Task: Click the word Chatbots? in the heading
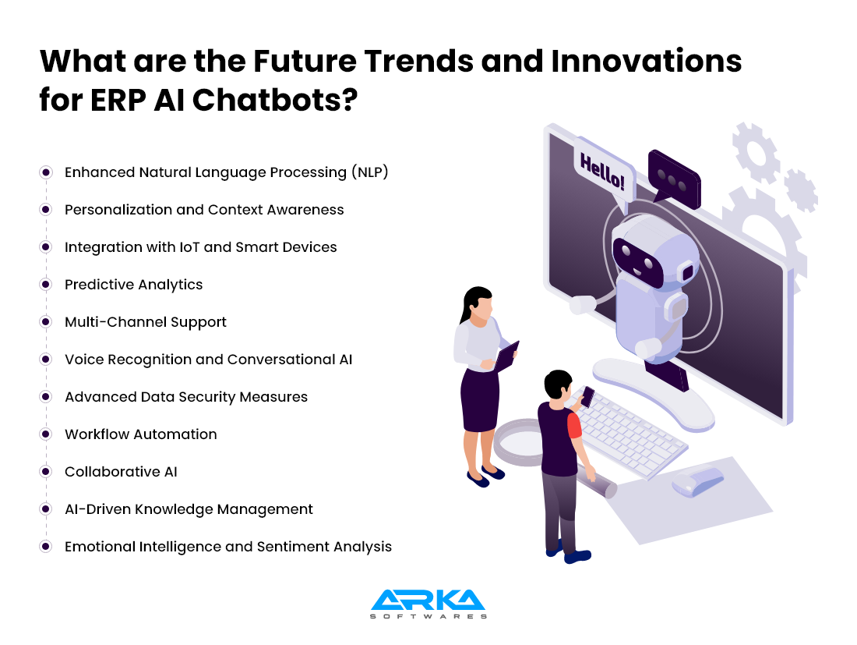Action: point(275,100)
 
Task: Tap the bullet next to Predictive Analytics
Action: point(46,285)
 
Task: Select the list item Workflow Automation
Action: point(140,434)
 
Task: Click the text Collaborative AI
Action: point(121,472)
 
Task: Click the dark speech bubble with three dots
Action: point(675,179)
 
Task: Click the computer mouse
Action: point(697,482)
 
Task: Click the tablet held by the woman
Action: point(506,356)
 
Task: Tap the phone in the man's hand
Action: point(587,396)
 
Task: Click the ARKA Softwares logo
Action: point(428,604)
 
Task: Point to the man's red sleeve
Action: point(574,426)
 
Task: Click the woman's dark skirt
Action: point(480,400)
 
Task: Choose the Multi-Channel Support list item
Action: point(146,322)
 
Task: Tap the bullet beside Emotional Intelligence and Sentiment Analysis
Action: point(46,547)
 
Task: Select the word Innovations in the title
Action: point(647,61)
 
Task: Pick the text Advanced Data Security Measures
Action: point(186,397)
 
